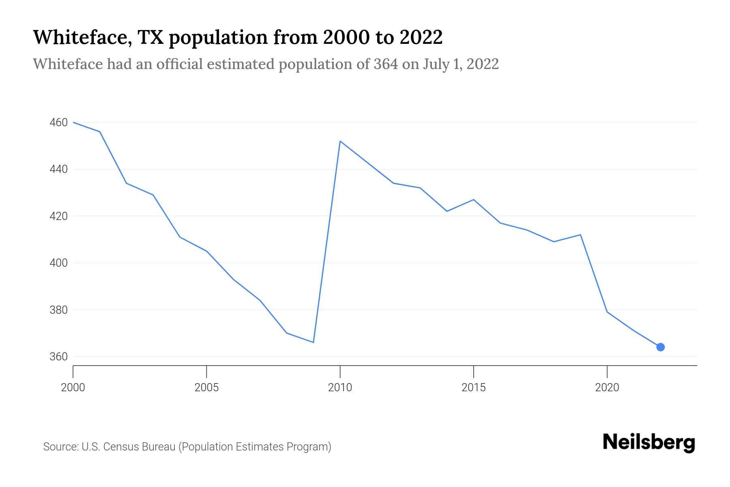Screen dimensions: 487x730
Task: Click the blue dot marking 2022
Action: coord(660,347)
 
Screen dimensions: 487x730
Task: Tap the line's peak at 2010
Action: coord(340,141)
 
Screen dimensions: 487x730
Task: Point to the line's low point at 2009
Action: coord(313,342)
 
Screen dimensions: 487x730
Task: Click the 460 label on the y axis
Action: coord(58,123)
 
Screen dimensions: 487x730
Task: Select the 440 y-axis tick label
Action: coord(58,169)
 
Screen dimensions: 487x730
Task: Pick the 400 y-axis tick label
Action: coord(58,263)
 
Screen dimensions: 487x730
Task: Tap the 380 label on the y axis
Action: coord(58,310)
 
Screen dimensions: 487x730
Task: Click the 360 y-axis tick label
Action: coord(58,357)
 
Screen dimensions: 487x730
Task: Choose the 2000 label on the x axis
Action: coord(73,388)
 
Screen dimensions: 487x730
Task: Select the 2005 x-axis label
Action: coord(206,388)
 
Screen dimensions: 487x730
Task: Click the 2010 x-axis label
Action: coord(340,388)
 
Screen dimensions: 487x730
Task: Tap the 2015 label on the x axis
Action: coord(473,388)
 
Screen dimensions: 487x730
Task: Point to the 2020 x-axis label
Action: coord(607,388)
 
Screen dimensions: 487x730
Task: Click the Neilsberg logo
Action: coord(649,442)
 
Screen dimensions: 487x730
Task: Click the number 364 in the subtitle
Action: coord(386,64)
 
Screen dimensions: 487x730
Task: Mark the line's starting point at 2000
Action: coord(73,122)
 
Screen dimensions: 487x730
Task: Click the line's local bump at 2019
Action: coord(580,235)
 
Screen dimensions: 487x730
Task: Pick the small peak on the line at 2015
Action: coord(473,200)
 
